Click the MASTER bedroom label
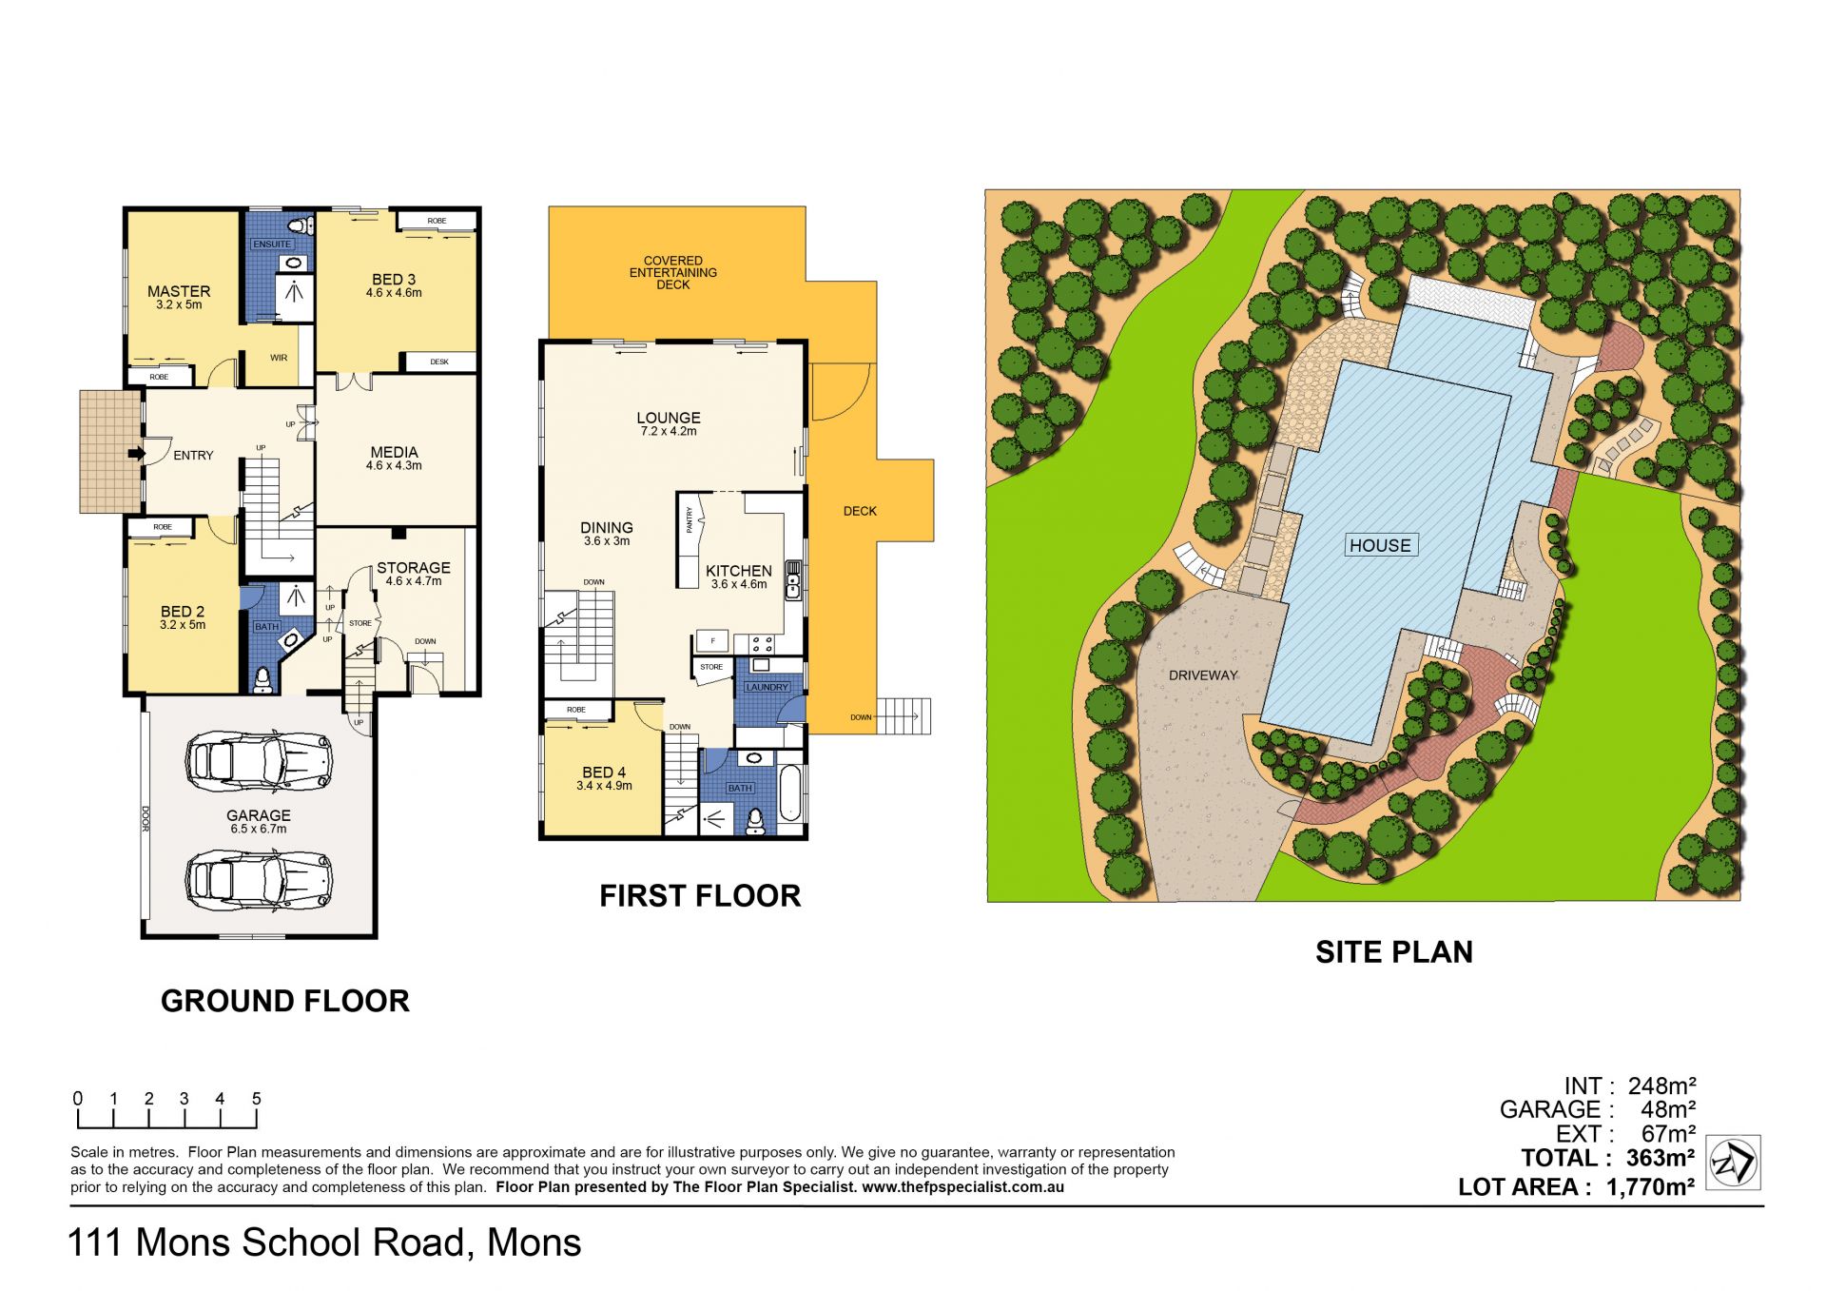tap(179, 291)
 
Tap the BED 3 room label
tap(394, 280)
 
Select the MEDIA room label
tap(394, 452)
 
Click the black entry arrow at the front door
tap(137, 454)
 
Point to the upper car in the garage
tap(259, 761)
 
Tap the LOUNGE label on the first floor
tap(669, 418)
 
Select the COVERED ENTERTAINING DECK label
tap(673, 273)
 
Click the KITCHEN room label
tap(739, 571)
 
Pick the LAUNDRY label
tap(767, 687)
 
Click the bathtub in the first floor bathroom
tap(790, 793)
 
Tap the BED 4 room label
tap(604, 773)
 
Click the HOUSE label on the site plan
tap(1380, 545)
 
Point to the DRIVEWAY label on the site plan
tap(1203, 675)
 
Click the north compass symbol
tap(1733, 1163)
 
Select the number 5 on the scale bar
tap(256, 1099)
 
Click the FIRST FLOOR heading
tap(700, 896)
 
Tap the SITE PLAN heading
tap(1394, 952)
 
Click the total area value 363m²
tap(1661, 1158)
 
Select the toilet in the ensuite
tap(301, 225)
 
